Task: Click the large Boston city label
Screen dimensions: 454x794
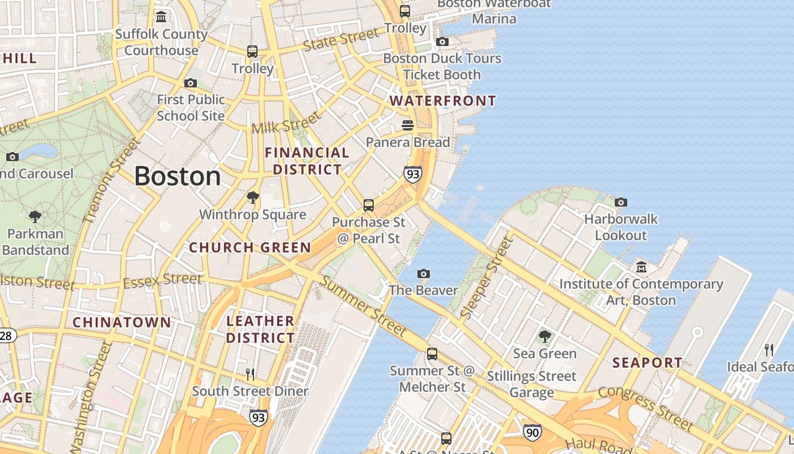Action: point(178,176)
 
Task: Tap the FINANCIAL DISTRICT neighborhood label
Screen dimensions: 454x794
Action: point(307,161)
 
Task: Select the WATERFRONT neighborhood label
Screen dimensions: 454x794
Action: point(442,101)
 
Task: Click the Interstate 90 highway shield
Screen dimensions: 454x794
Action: point(532,432)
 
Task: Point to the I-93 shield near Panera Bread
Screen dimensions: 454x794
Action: point(413,174)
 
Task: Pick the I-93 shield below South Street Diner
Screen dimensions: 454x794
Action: point(258,418)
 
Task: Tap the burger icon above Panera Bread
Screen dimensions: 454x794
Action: point(408,125)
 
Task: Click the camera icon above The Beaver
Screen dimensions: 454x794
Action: point(423,274)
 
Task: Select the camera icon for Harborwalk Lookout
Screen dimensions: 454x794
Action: point(621,202)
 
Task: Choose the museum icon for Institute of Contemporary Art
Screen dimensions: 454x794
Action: point(641,267)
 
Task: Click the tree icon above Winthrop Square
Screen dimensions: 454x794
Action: point(253,197)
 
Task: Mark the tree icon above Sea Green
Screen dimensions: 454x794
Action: point(544,337)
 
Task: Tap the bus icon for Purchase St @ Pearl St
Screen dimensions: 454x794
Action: point(369,205)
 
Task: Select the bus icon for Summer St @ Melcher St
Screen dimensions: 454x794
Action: point(432,354)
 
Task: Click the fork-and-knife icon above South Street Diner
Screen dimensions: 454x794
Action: point(250,374)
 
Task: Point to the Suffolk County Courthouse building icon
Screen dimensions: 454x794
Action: point(161,17)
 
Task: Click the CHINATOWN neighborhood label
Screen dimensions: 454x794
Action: point(121,322)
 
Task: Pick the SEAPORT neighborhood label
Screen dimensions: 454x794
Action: point(647,362)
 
